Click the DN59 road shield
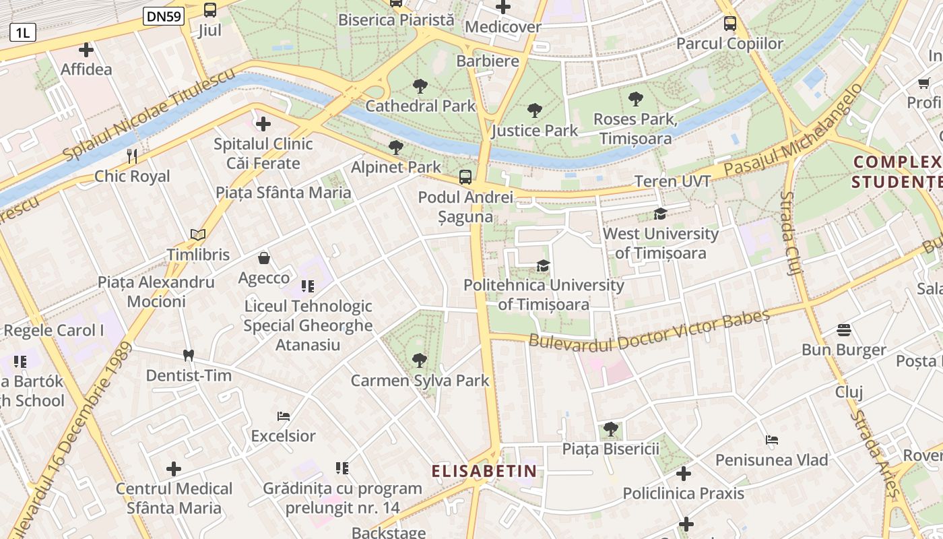tap(164, 16)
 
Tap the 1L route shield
tap(22, 32)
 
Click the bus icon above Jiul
tap(210, 10)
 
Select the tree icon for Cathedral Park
tap(420, 86)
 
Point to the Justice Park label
tap(535, 130)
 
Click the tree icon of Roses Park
tap(635, 100)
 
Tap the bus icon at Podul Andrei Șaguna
tap(465, 177)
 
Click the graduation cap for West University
tap(660, 214)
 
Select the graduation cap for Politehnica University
tap(544, 265)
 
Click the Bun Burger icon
tap(844, 330)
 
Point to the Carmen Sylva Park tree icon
tap(420, 360)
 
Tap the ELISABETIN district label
tap(484, 471)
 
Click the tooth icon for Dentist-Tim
tap(189, 355)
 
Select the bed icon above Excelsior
tap(284, 416)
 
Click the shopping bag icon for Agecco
tap(264, 258)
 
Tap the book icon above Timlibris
tap(198, 234)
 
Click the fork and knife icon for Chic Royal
tap(132, 156)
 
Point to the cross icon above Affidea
tap(86, 50)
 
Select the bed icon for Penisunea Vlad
tap(772, 440)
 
